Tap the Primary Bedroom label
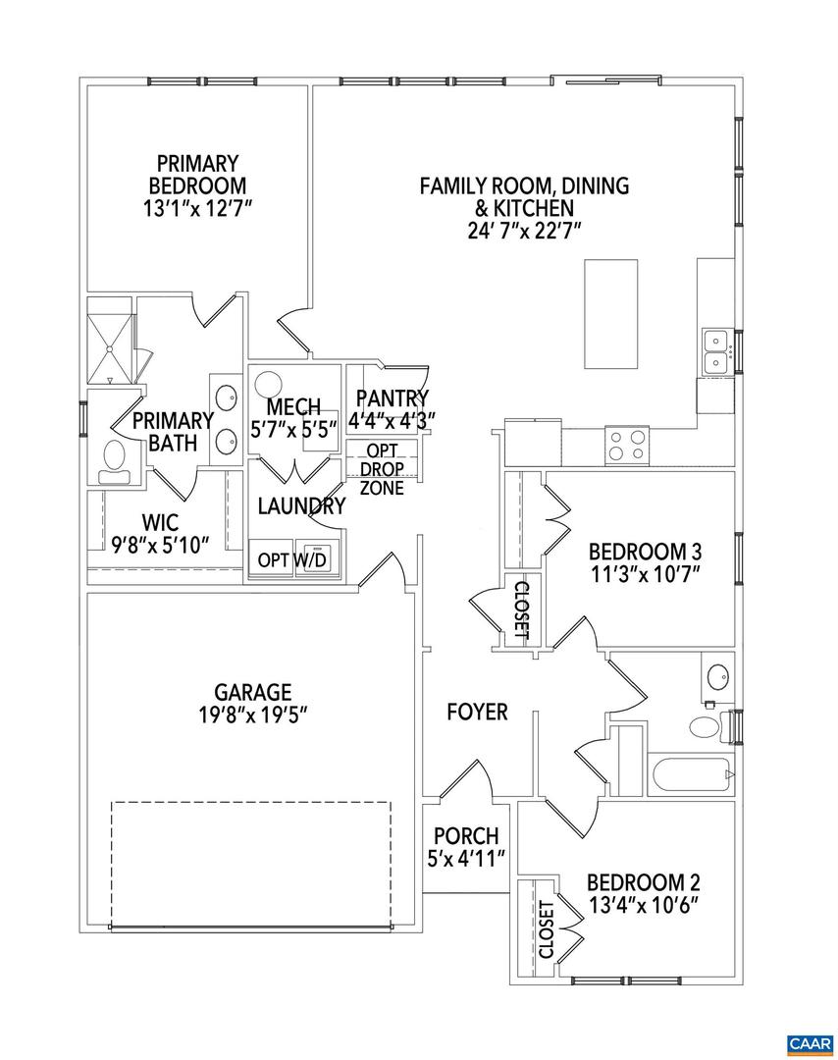point(197,174)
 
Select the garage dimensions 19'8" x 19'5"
point(254,713)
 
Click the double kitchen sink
point(717,352)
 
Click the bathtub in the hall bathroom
point(690,774)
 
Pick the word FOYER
point(477,712)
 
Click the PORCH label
point(466,836)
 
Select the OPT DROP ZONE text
point(382,469)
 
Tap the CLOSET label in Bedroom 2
point(547,929)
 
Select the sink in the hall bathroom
point(718,677)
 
